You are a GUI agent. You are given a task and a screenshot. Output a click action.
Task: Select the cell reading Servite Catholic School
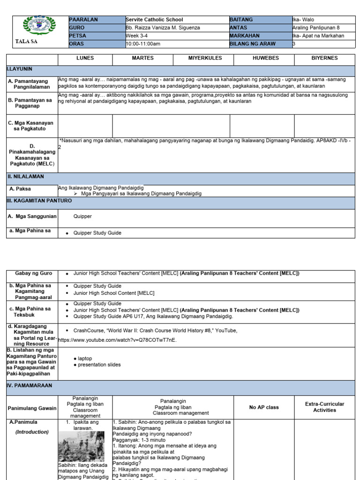[154, 20]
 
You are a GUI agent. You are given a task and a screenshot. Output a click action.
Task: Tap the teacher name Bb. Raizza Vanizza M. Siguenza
[163, 28]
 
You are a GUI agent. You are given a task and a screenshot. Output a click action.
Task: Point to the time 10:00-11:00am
[143, 44]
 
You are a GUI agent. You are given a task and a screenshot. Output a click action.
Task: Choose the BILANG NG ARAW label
[253, 44]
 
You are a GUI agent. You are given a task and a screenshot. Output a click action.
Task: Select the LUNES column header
[85, 58]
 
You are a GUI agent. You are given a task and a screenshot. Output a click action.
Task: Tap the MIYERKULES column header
[203, 58]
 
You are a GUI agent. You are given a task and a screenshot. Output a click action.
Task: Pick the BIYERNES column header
[324, 58]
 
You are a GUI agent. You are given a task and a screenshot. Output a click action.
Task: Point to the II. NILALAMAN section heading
[25, 176]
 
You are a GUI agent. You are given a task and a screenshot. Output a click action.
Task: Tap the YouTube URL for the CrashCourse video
[117, 340]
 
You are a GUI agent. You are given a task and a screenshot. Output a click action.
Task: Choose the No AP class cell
[265, 407]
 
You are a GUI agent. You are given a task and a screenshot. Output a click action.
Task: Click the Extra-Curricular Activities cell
[324, 407]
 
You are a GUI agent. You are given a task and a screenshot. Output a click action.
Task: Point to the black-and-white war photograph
[81, 446]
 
